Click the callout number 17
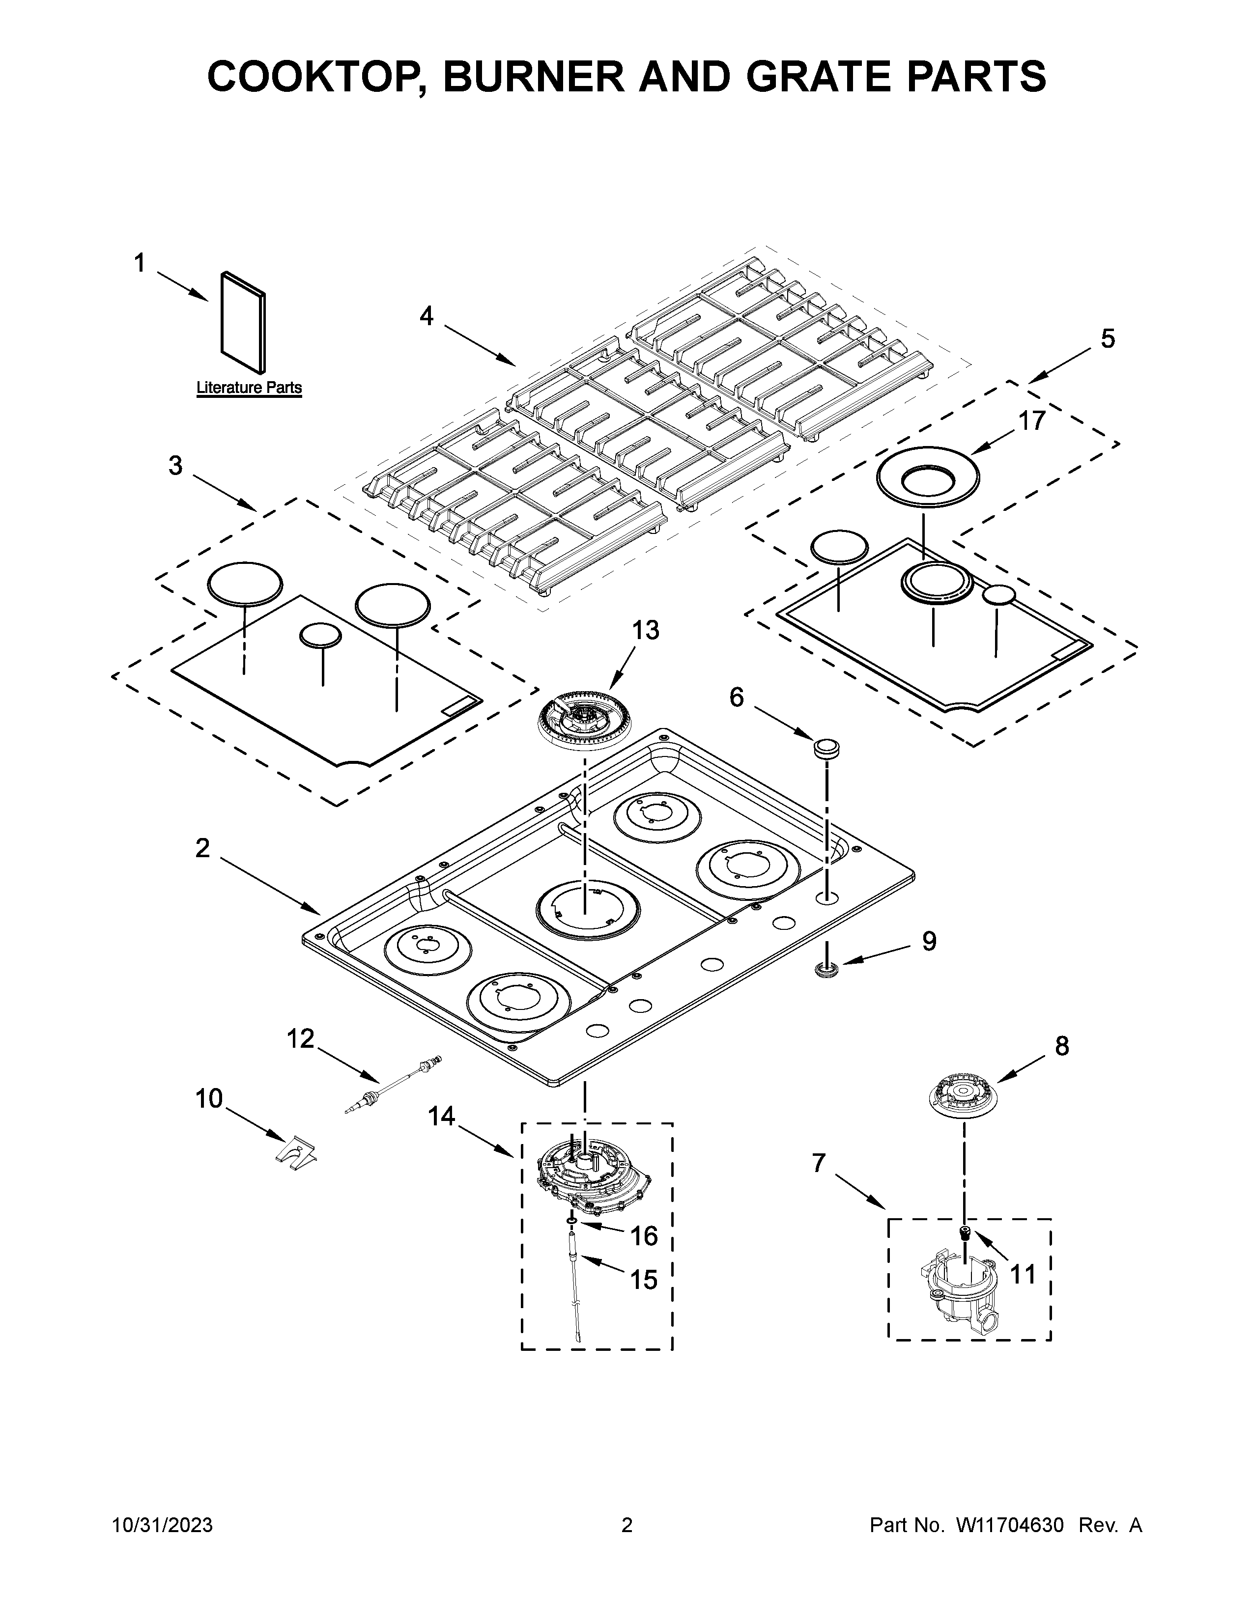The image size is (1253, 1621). [1031, 421]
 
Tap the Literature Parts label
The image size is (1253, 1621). [249, 388]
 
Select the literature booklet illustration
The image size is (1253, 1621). [243, 323]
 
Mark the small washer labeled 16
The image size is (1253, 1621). [571, 1220]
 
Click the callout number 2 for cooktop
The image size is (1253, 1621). [202, 848]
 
